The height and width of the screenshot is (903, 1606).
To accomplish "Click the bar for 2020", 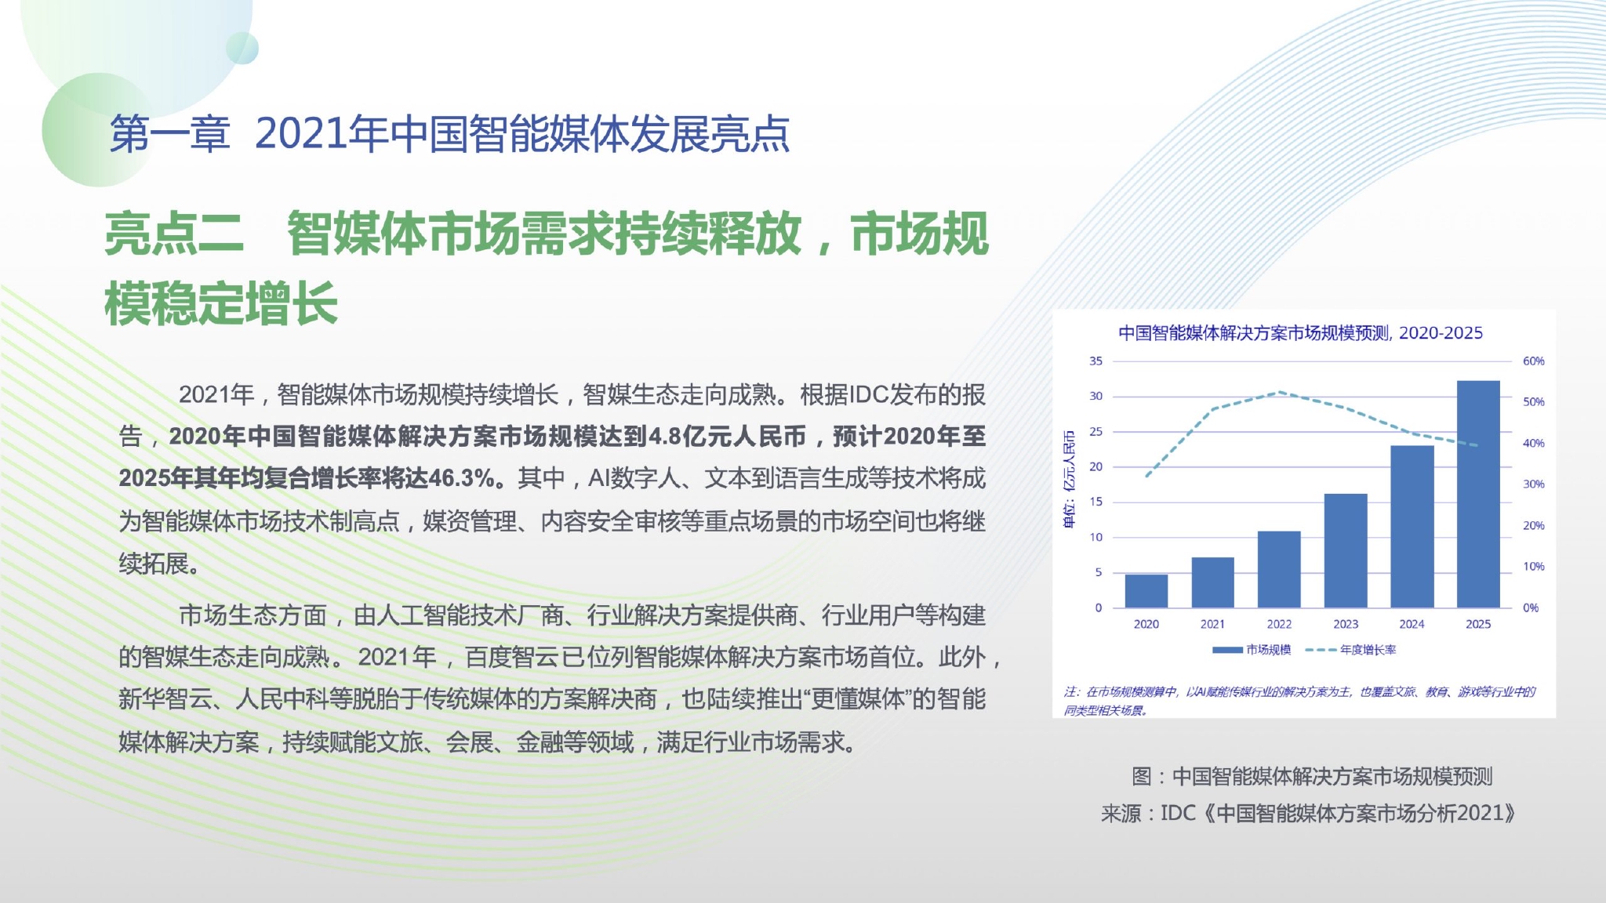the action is (x=1146, y=591).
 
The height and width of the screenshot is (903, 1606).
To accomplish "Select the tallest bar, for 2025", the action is (x=1478, y=494).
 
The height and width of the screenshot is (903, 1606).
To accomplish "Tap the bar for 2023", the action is (x=1346, y=550).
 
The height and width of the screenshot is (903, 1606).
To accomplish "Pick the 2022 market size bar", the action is (x=1279, y=569).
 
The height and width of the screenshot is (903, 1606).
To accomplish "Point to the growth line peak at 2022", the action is (x=1280, y=392).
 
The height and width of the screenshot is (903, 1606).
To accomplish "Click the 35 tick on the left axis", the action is (x=1095, y=361).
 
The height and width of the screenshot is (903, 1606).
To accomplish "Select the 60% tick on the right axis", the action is (x=1533, y=361).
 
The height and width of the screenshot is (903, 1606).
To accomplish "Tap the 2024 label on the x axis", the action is (x=1412, y=624).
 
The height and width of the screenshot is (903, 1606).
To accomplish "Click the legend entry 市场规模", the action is (x=1252, y=650).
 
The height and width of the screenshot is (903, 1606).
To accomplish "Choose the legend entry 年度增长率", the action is (x=1351, y=650).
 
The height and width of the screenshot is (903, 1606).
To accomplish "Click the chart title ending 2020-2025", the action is (x=1300, y=333).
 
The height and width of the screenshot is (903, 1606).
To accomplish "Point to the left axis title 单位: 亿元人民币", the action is (x=1069, y=480).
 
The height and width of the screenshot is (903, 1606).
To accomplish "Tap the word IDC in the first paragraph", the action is (x=868, y=395).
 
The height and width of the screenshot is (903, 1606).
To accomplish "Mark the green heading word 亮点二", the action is (x=174, y=234).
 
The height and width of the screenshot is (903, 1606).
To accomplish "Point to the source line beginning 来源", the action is (x=1308, y=814).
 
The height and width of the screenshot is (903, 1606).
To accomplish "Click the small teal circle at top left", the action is (x=242, y=48).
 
